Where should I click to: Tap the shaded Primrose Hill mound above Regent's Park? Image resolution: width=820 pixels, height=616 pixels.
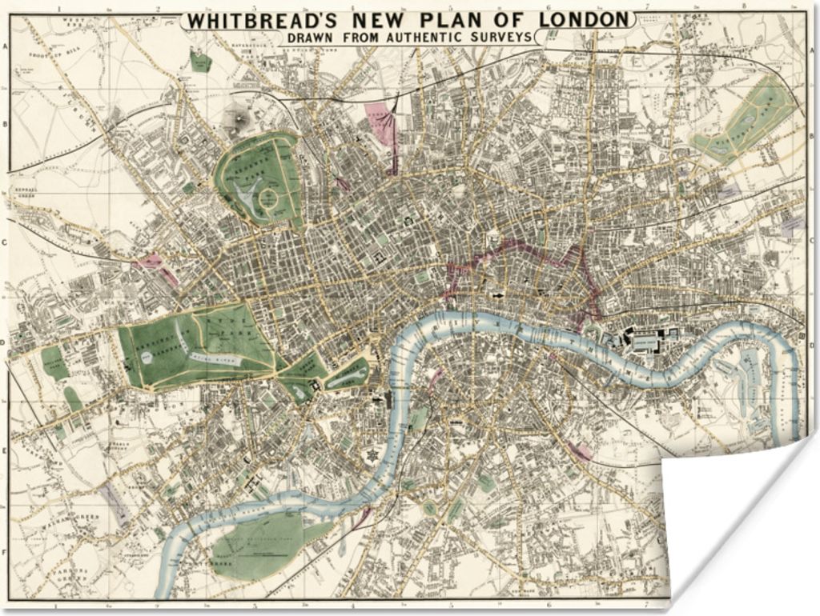point(236,118)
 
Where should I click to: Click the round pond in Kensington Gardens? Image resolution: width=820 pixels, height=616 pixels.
point(150,356)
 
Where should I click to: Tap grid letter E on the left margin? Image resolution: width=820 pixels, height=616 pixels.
point(5,451)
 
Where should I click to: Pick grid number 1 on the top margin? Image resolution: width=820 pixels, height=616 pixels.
point(57,10)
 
